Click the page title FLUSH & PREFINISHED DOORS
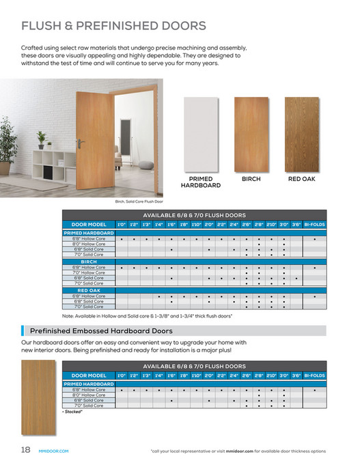pyautogui.click(x=114, y=27)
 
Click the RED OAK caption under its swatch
pyautogui.click(x=301, y=179)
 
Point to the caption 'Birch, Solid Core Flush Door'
pyautogui.click(x=139, y=201)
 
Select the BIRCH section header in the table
pyautogui.click(x=89, y=262)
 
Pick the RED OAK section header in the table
pyautogui.click(x=89, y=291)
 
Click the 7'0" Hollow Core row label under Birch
pyautogui.click(x=89, y=272)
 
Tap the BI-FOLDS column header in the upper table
pyautogui.click(x=315, y=224)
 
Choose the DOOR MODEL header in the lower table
pyautogui.click(x=89, y=376)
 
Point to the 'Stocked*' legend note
pyautogui.click(x=72, y=412)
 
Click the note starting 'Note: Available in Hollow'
pyautogui.click(x=147, y=316)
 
